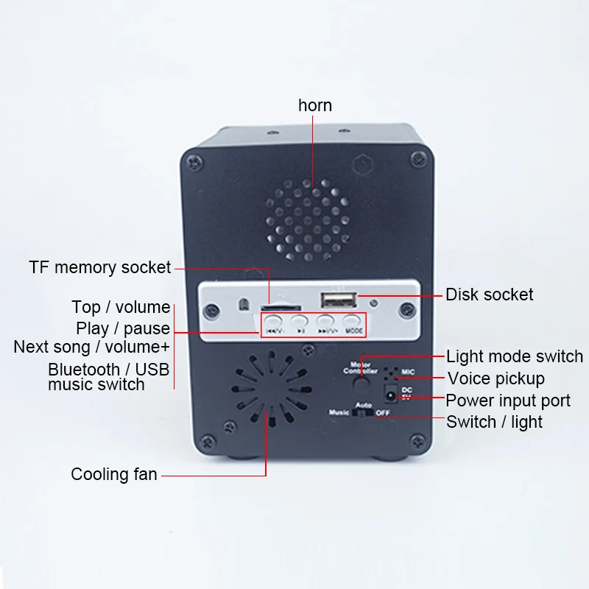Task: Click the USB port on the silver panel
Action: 338,300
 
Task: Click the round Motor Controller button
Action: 360,383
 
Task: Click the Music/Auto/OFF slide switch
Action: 362,414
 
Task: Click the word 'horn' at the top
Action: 315,105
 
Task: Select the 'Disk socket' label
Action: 489,294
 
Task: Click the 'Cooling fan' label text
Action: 114,474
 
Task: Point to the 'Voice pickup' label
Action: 496,378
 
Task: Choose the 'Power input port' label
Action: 508,401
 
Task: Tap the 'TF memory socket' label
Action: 100,267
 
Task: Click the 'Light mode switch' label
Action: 515,357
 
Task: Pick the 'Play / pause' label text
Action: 123,328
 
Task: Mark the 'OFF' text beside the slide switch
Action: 383,413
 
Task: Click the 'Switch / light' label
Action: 494,422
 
